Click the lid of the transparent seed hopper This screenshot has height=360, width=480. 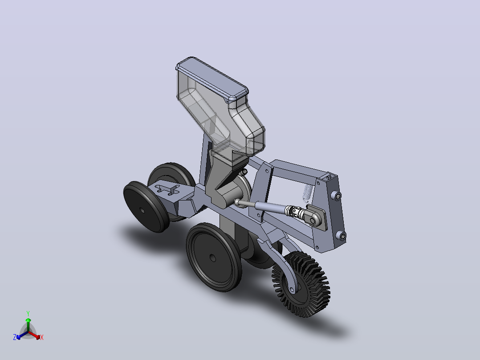coord(212,79)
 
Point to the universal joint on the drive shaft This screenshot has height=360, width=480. coord(294,211)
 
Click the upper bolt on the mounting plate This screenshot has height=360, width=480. coord(338,196)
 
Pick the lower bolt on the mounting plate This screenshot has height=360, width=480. coord(342,236)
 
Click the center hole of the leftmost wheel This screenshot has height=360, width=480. coord(142,210)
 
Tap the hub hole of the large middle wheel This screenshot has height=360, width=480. coord(212,258)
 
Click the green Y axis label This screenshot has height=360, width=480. coord(28,313)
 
